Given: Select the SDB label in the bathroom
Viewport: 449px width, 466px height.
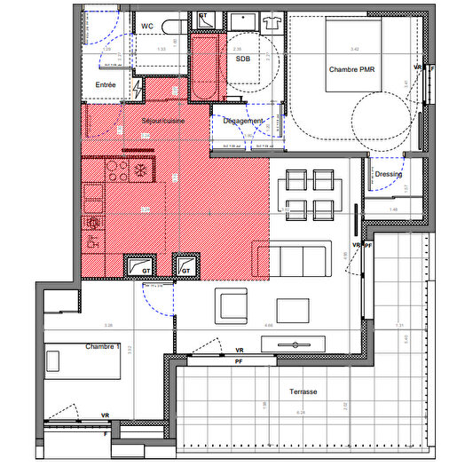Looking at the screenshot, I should [242, 59].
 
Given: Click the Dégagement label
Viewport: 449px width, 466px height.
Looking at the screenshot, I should [243, 121].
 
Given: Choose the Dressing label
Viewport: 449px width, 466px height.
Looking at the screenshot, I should [388, 174].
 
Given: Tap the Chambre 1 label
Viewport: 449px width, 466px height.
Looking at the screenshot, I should [103, 346].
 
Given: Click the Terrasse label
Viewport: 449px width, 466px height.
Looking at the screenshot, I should [303, 391].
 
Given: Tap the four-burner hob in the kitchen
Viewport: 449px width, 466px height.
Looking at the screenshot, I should [118, 169].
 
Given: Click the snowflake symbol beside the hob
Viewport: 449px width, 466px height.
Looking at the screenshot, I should [142, 169].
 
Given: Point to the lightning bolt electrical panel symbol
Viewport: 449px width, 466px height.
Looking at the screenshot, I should [137, 87].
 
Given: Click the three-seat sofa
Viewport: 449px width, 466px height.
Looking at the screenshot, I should [300, 260].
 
